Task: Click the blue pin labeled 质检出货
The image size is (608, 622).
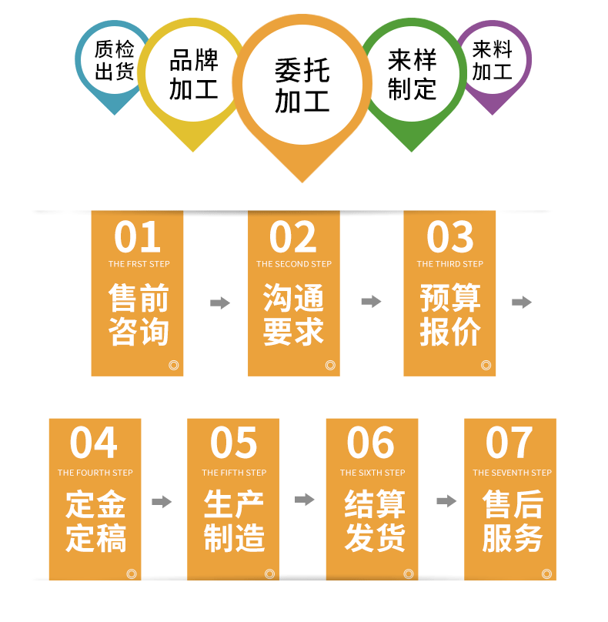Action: [114, 62]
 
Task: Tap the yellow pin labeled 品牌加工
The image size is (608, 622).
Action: [193, 75]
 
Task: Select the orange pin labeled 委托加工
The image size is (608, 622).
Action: [302, 86]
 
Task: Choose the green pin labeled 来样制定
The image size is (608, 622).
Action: [412, 75]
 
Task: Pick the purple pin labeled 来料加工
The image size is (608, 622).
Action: [492, 61]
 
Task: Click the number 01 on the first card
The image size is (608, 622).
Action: [137, 237]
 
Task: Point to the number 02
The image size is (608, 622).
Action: [293, 237]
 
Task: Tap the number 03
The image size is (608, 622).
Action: [450, 237]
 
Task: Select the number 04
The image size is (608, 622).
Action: [94, 443]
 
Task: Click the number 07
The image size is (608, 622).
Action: [509, 443]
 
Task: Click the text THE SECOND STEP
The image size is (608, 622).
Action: [294, 264]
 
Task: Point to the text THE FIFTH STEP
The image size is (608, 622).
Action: [234, 473]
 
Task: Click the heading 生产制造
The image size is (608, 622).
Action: [234, 521]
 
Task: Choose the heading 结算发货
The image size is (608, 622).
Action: [374, 521]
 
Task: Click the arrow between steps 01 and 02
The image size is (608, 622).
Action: [220, 303]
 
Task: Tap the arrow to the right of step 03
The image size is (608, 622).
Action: [522, 303]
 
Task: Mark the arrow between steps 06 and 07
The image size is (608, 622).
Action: [446, 502]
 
